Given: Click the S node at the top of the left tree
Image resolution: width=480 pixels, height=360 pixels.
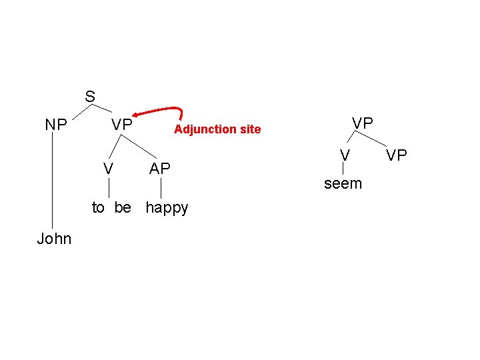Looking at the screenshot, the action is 90,97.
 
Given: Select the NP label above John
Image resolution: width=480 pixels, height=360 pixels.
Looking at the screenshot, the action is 55,125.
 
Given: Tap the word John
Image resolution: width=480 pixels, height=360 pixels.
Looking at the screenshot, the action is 54,239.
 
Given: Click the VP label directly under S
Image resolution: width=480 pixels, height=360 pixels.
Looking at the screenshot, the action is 122,125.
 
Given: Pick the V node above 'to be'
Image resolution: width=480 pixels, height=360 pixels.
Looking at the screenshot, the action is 107,169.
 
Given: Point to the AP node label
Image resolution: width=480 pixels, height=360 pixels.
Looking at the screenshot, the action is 160,169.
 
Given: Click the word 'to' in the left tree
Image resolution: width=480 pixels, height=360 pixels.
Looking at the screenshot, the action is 99,207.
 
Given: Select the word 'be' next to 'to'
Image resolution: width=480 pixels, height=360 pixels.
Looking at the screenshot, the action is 123,207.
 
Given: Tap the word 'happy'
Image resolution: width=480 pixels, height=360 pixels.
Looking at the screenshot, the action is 167,208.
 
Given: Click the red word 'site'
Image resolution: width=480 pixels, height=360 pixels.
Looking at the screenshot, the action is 249,129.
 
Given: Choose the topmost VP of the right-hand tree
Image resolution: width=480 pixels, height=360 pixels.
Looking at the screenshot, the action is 363,123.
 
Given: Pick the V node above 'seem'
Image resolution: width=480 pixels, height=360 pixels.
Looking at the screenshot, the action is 344,155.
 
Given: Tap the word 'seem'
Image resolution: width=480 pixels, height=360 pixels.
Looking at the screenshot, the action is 343,183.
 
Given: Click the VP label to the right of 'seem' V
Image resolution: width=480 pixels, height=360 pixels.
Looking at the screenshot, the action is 397,156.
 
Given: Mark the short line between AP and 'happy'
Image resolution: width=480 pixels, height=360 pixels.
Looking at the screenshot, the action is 161,188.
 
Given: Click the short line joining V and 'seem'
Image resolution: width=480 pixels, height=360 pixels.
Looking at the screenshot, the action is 343,169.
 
